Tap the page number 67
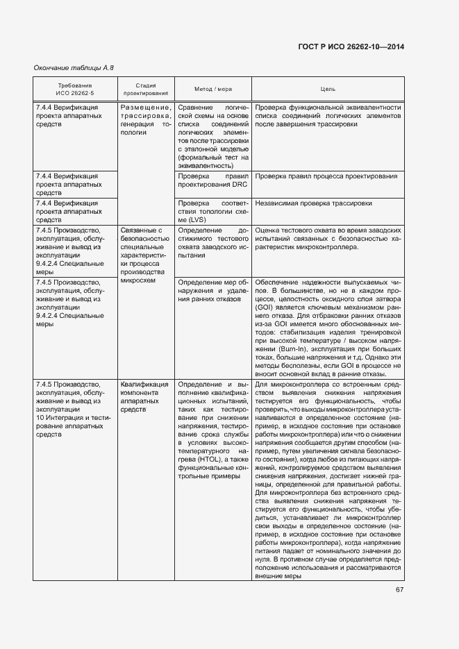(400, 590)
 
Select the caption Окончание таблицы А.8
(74, 67)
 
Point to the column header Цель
(328, 89)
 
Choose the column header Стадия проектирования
(145, 89)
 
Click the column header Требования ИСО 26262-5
(75, 89)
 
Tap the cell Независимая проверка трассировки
(313, 203)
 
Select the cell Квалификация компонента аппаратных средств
(144, 397)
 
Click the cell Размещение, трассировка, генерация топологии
(145, 119)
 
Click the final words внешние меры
(278, 575)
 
